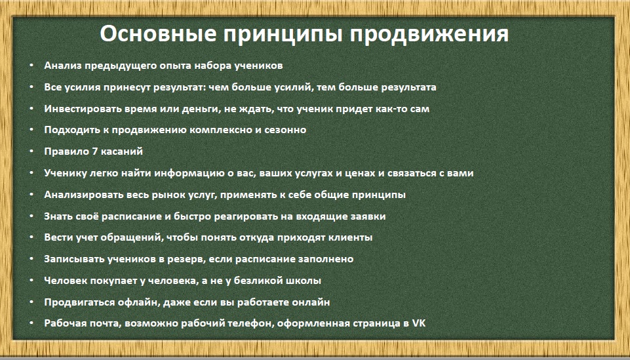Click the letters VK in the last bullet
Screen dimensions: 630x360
tap(419, 323)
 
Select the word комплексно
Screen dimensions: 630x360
tap(222, 130)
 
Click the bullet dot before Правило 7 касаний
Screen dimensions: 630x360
tap(31, 151)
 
